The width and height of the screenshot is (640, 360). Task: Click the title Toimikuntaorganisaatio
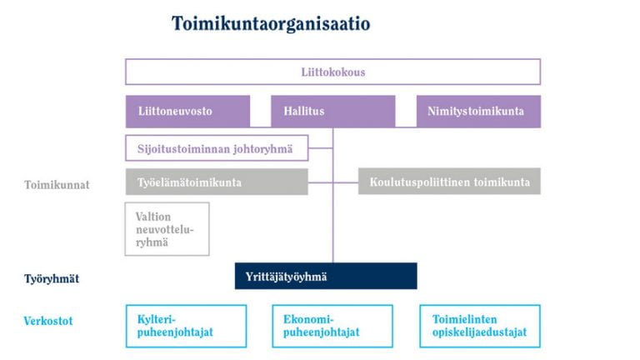[x=271, y=23]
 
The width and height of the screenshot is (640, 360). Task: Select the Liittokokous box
[x=333, y=72]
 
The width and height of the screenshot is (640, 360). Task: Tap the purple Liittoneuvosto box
[x=187, y=112]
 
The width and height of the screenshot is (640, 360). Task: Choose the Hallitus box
[x=333, y=112]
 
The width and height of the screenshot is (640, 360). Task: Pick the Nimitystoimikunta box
[x=479, y=112]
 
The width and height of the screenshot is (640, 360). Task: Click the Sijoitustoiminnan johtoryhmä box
[x=217, y=148]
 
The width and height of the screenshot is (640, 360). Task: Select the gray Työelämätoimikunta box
[x=217, y=182]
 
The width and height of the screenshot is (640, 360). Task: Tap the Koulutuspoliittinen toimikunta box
[x=449, y=181]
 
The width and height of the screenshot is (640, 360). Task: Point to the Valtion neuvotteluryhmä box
[x=167, y=229]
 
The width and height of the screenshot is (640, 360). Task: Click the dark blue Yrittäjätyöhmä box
[x=326, y=276]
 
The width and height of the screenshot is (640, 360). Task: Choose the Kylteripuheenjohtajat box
[x=186, y=326]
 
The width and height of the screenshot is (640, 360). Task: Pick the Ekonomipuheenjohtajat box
[x=332, y=326]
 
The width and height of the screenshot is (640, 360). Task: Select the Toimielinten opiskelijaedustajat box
[x=480, y=326]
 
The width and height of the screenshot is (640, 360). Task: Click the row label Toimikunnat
[x=57, y=185]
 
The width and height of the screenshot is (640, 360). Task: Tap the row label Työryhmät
[x=52, y=279]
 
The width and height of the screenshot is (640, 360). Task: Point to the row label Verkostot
[x=48, y=321]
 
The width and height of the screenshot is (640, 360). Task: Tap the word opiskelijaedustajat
[x=480, y=332]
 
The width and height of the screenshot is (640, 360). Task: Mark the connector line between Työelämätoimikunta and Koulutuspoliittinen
[x=333, y=182]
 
